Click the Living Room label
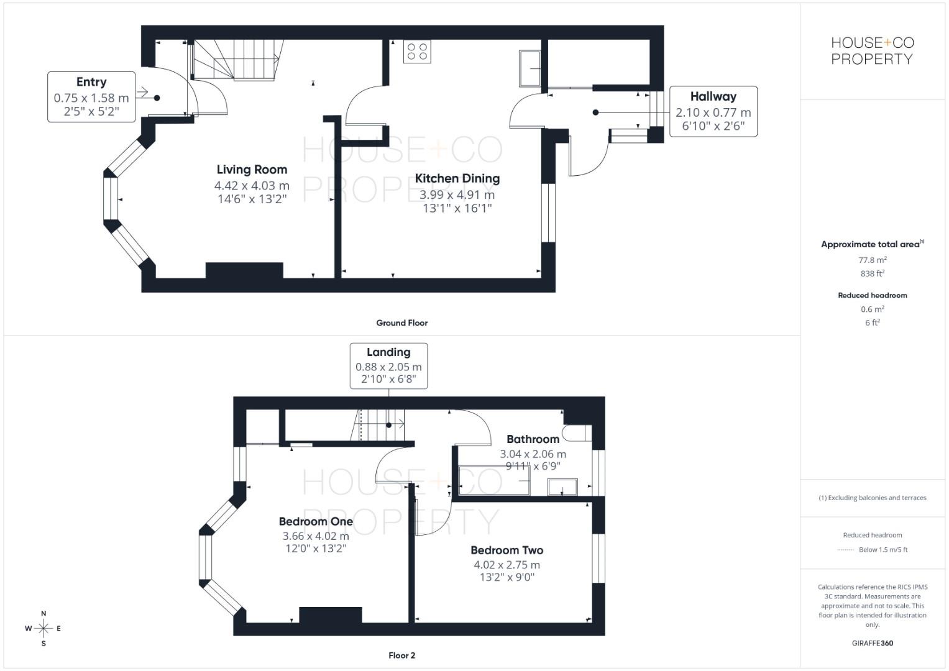[x=252, y=170]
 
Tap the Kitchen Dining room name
[x=457, y=178]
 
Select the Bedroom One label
[x=316, y=521]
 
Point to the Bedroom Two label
[x=507, y=550]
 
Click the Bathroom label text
[x=533, y=439]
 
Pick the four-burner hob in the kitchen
[x=417, y=52]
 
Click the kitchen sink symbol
[x=530, y=68]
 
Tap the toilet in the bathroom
[x=576, y=432]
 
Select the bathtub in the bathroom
[x=494, y=480]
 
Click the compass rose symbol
[x=44, y=629]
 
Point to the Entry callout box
[x=91, y=96]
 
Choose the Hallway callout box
[x=713, y=112]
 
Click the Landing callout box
[x=388, y=365]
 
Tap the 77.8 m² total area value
[x=872, y=260]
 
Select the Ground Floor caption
[x=401, y=323]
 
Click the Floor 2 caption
[x=401, y=655]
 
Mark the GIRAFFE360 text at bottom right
[x=872, y=643]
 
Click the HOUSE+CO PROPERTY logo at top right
[x=872, y=51]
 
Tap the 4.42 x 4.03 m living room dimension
[x=252, y=185]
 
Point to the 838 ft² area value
[x=872, y=273]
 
